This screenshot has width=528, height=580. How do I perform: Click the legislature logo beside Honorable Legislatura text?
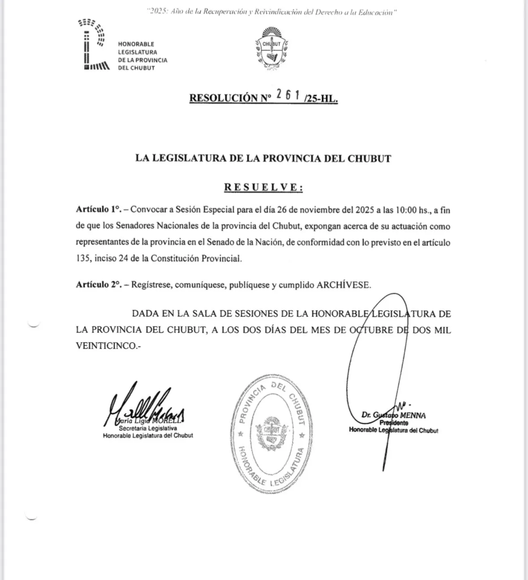[x=94, y=45]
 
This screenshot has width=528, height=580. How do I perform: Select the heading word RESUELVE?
[x=263, y=187]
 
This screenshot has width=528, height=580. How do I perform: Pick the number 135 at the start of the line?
[x=83, y=258]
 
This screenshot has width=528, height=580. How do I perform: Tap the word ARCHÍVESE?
[x=343, y=285]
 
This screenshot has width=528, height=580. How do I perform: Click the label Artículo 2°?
[x=99, y=285]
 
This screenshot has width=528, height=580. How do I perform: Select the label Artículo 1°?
[x=99, y=210]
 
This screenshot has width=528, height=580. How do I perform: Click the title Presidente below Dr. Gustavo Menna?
[x=394, y=423]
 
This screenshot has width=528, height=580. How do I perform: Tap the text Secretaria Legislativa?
[x=148, y=428]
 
